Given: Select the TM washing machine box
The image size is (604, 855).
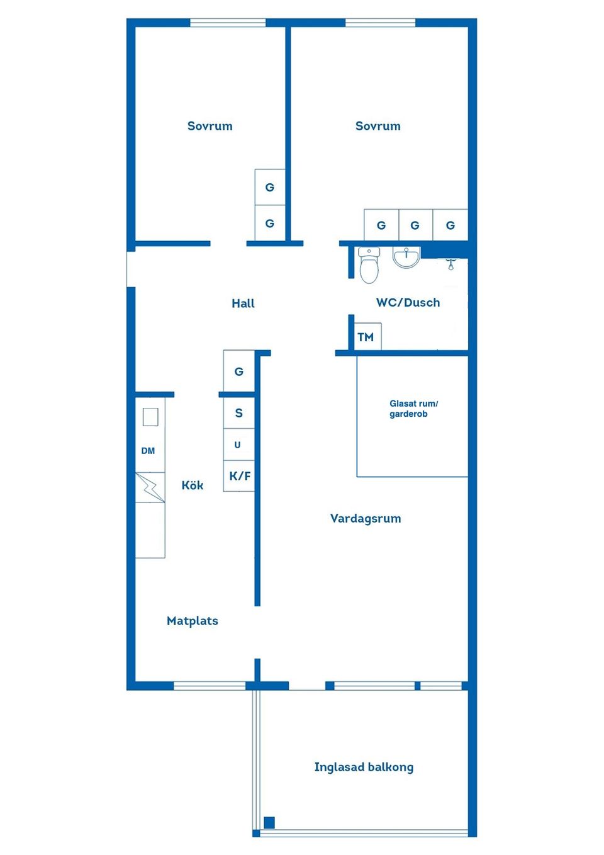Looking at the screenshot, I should tap(366, 337).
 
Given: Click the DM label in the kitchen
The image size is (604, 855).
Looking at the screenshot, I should tap(148, 451).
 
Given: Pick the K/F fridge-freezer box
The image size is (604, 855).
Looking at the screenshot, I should tap(239, 476).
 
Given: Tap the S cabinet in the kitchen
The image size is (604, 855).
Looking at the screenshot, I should tap(239, 413).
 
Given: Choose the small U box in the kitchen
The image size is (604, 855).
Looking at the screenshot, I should tap(238, 444).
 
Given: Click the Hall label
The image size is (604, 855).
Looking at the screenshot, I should tap(243, 303).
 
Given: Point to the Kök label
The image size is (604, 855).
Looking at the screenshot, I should tap(192, 485).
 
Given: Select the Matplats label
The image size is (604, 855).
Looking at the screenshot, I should tap(193, 621).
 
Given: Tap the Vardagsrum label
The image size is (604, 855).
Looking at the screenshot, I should tap(366, 519).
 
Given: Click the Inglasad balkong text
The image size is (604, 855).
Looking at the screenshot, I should tap(364, 767).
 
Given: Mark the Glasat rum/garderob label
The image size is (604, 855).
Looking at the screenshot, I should tap(413, 409).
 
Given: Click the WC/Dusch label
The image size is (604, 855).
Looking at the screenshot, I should tap(408, 303).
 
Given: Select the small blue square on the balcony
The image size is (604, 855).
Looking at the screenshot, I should tap(269, 822).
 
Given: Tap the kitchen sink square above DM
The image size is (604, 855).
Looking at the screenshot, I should tap(150, 417).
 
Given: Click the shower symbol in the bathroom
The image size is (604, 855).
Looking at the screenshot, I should tap(450, 264).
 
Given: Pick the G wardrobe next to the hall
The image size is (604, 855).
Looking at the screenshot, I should tap(239, 371).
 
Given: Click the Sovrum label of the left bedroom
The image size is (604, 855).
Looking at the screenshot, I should tap(210, 126).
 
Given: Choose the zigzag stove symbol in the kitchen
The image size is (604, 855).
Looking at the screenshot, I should tap(150, 487).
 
